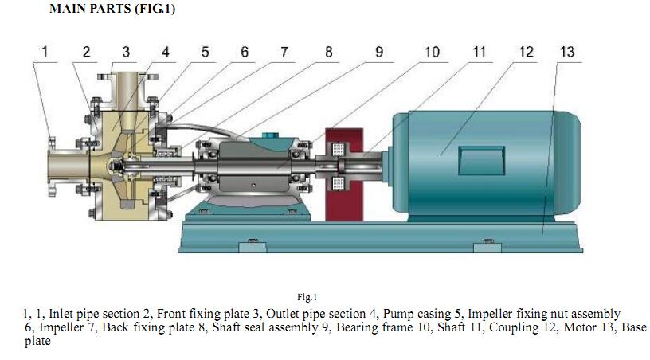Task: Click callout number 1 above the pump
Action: [45, 52]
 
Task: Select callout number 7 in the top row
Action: [284, 52]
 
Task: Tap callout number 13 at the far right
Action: [566, 52]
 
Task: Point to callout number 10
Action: [431, 52]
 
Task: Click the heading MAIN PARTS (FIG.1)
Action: [112, 9]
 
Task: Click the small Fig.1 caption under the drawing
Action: [307, 297]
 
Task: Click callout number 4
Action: [165, 52]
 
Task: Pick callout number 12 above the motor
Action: [526, 52]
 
